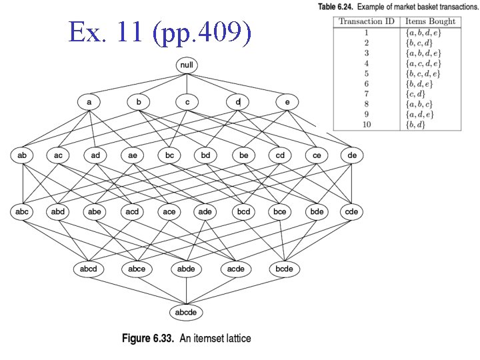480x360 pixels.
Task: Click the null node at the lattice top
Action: tap(187, 65)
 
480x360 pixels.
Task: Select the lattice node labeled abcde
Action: tap(187, 312)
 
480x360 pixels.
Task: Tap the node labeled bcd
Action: tap(243, 211)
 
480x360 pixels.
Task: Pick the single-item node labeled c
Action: tap(187, 102)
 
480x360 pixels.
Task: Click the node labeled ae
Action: tap(133, 155)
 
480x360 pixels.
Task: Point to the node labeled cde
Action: tap(351, 211)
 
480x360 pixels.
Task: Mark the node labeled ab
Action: tap(23, 155)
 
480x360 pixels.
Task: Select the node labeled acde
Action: tap(235, 269)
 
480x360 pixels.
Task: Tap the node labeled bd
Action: tap(206, 155)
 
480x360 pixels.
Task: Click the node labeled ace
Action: tap(169, 211)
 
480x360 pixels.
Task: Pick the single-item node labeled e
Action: tap(287, 102)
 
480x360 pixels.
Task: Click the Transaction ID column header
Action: tap(365, 21)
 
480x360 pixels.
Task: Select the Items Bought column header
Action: tap(431, 21)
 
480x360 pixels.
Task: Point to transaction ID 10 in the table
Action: tap(365, 124)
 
